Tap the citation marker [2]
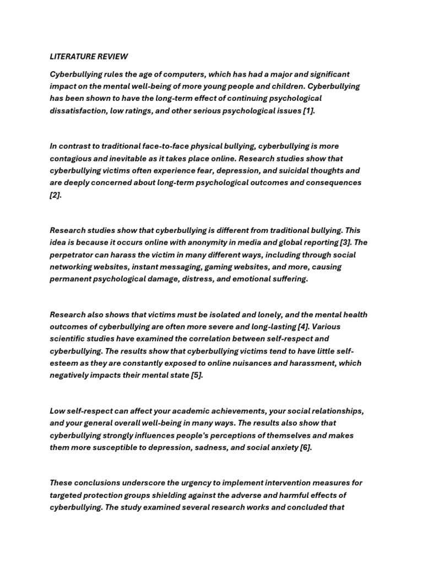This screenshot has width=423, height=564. tap(55, 194)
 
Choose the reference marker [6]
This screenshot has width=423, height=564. tap(306, 447)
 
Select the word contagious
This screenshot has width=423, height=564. tap(72, 158)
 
